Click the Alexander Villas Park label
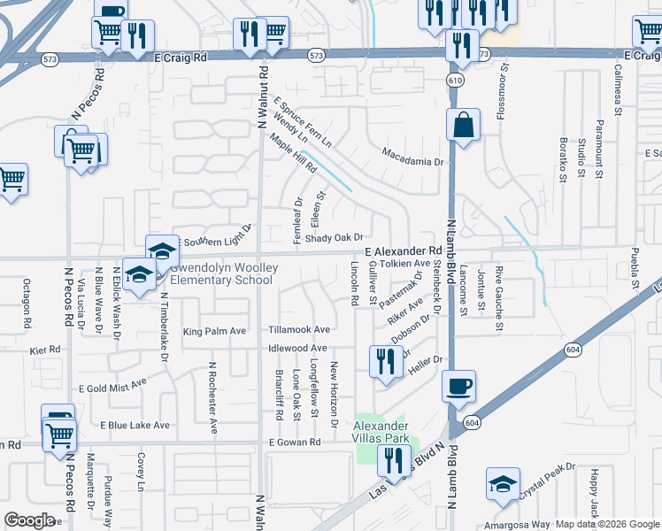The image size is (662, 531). tap(381, 432)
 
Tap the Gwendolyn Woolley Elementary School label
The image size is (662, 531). tap(221, 273)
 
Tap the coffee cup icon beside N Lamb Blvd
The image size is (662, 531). tap(458, 387)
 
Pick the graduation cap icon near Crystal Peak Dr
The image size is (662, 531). tap(503, 485)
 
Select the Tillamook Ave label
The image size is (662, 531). tap(299, 329)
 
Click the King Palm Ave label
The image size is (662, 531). tap(214, 332)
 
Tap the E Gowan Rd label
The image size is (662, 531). tap(289, 442)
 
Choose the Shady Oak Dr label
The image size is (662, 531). tap(335, 238)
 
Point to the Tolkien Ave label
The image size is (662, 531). tap(404, 264)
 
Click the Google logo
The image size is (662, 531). tap(30, 520)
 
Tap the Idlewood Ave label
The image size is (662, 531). tap(299, 349)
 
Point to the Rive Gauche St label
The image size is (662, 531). tap(499, 298)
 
